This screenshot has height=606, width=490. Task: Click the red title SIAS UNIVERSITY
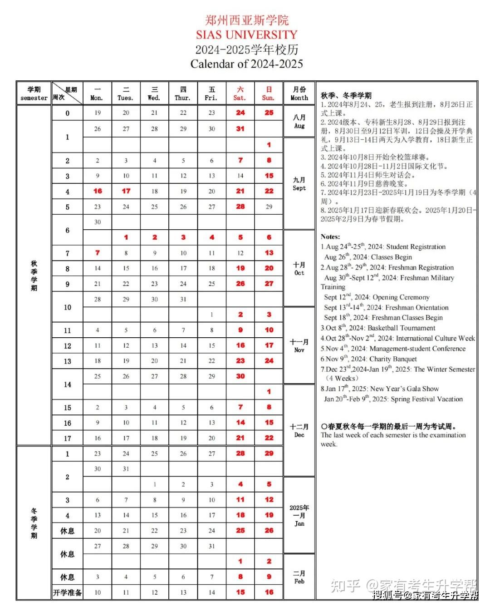tap(246, 34)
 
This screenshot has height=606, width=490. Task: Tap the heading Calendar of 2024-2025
tap(246, 64)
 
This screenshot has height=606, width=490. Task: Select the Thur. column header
tap(183, 94)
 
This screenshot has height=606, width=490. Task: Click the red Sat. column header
tap(240, 94)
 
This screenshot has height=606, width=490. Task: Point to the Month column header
tap(299, 94)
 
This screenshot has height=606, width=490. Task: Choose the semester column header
tap(34, 94)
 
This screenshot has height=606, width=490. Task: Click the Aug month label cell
tap(299, 121)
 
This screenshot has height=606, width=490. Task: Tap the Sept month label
tap(299, 183)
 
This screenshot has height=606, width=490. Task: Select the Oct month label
tap(299, 268)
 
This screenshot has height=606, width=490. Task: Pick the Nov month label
tap(299, 345)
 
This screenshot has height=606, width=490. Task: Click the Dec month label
tap(299, 430)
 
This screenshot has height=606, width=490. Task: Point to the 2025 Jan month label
tap(299, 515)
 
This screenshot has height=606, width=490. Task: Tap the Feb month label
tap(299, 577)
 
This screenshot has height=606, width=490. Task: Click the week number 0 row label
tap(67, 113)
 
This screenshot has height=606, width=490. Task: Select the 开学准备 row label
tap(67, 592)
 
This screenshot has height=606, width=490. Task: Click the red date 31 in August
tap(240, 129)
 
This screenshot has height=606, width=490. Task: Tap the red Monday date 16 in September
tap(98, 191)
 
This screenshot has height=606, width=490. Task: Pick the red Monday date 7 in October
tap(98, 253)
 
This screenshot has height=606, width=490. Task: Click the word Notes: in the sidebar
tap(330, 236)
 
